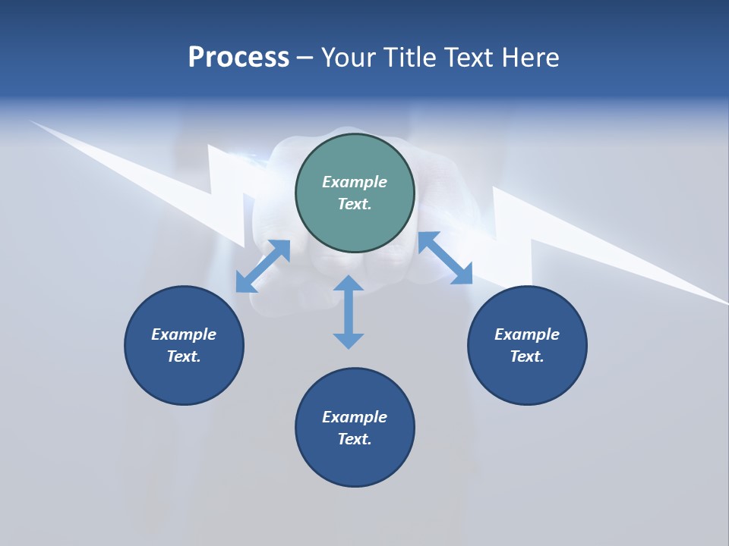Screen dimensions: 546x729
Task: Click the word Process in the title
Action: [238, 58]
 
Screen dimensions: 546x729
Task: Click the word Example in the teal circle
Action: [355, 182]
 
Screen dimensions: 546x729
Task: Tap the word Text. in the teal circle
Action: [355, 204]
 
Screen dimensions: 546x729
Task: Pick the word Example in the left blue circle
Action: [184, 334]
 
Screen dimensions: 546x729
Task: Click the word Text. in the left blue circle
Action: [184, 356]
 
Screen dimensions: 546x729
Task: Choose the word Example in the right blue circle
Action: [527, 334]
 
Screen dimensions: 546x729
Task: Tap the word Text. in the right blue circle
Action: [527, 356]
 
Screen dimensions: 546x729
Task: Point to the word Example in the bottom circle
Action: [355, 417]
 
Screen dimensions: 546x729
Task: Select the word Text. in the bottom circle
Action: [355, 439]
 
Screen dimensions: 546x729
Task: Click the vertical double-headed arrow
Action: [349, 312]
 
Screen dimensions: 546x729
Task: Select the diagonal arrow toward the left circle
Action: [263, 266]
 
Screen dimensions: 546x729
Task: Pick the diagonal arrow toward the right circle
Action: [446, 258]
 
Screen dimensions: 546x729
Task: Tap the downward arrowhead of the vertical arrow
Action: [349, 340]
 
